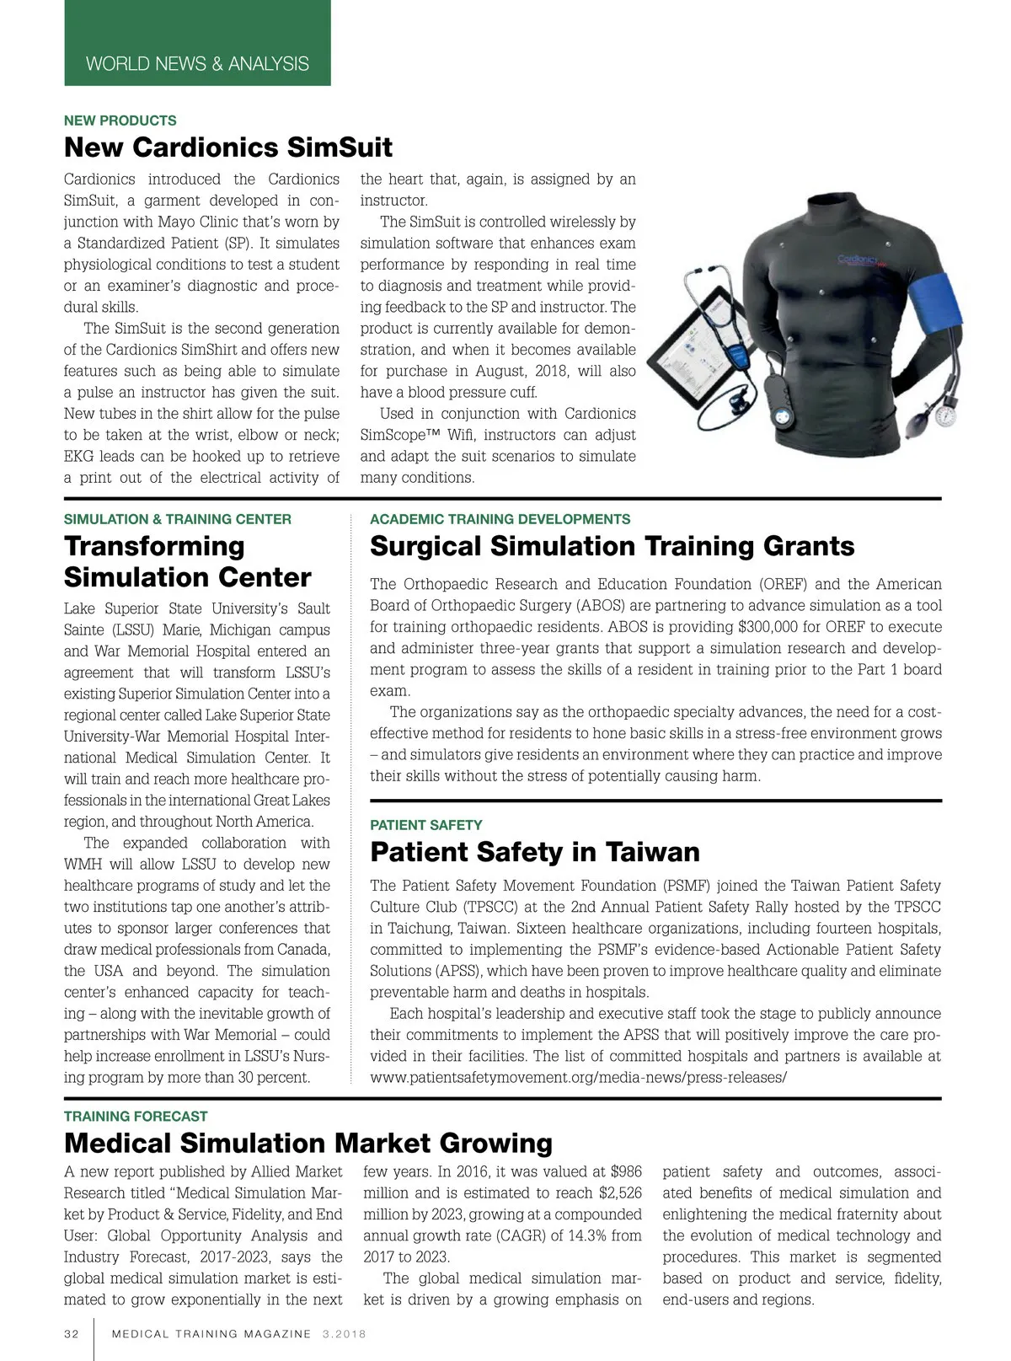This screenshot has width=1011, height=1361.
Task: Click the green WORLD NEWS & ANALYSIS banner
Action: point(197,63)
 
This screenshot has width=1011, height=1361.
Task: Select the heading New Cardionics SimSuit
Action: point(228,147)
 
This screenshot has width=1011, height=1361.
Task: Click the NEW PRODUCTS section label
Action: point(120,121)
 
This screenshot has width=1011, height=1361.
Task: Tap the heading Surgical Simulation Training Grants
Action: point(612,546)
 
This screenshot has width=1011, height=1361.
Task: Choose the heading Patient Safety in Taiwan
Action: point(535,852)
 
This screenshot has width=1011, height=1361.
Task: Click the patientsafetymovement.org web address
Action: point(578,1078)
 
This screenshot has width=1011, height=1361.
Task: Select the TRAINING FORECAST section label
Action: point(136,1117)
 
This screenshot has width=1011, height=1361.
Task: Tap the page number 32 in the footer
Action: point(72,1334)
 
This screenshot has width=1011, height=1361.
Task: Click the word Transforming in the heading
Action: point(154,546)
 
